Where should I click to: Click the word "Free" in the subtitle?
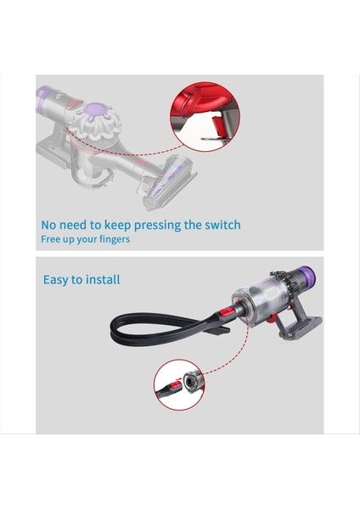(x=52, y=239)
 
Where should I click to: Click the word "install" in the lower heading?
(x=102, y=279)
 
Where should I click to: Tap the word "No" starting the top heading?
(x=50, y=226)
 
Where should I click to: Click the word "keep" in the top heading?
(x=110, y=226)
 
